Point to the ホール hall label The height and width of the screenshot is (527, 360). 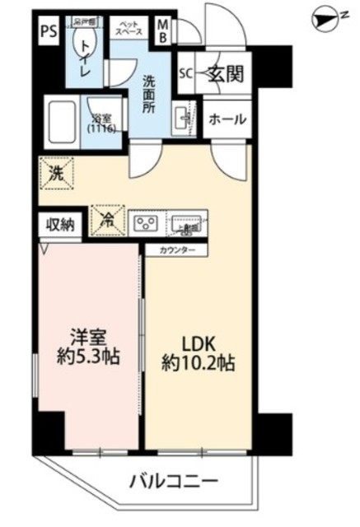coord(227,119)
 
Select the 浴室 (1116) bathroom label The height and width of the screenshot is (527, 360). coord(101,124)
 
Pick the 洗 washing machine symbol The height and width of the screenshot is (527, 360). coord(54,173)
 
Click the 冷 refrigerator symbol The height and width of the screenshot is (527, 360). coord(109,221)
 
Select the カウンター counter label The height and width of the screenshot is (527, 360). coord(171,249)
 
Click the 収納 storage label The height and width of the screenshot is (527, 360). coord(59,225)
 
